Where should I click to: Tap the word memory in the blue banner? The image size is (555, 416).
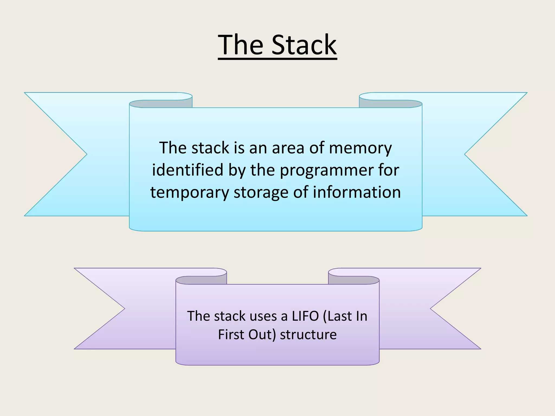pyautogui.click(x=360, y=148)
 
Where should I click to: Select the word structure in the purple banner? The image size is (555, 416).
pyautogui.click(x=308, y=334)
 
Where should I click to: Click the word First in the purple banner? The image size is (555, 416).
pyautogui.click(x=231, y=334)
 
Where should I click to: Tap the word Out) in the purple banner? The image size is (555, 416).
pyautogui.click(x=262, y=334)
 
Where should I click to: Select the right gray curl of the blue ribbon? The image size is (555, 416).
pyautogui.click(x=391, y=104)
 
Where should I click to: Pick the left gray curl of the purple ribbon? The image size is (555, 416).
pyautogui.click(x=201, y=280)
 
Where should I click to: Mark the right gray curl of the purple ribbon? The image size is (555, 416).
pyautogui.click(x=354, y=280)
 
